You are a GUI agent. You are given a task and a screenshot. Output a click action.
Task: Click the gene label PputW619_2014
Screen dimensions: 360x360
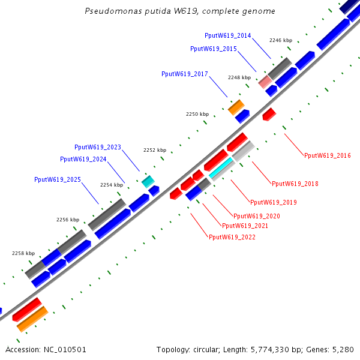click(228, 35)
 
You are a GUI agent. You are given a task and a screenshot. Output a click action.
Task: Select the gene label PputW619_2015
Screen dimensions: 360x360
click(214, 49)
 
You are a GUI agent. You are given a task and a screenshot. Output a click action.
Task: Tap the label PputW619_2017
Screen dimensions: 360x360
click(185, 74)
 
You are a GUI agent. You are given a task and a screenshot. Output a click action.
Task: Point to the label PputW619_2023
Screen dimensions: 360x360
click(98, 147)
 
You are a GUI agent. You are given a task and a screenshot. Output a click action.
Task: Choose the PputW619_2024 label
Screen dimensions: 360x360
click(83, 159)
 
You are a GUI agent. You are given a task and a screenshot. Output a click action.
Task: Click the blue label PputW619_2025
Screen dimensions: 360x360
click(58, 179)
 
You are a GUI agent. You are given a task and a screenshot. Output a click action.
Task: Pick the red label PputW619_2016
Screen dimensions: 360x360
click(328, 155)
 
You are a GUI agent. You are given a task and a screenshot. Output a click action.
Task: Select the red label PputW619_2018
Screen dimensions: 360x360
click(295, 184)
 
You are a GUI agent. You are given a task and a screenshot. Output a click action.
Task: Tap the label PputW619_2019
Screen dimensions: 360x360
click(274, 202)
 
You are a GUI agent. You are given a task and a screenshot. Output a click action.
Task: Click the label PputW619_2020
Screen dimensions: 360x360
click(257, 216)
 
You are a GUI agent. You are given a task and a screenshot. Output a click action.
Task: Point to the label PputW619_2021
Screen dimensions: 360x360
click(245, 226)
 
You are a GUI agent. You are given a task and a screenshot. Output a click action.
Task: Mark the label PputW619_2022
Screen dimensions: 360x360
click(232, 237)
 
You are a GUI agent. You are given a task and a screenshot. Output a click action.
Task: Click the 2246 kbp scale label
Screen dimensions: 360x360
click(280, 40)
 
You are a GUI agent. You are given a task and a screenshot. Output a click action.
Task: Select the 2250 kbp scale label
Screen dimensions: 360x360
click(197, 114)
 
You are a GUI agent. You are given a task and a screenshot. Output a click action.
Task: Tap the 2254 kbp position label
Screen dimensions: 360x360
click(111, 185)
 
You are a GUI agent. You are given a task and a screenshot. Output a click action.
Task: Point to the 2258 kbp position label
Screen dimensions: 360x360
click(23, 253)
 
